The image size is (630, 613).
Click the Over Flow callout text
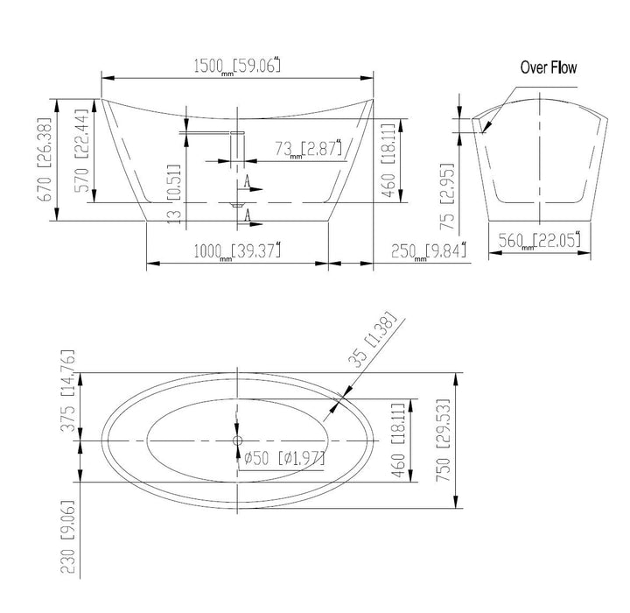(549, 67)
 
